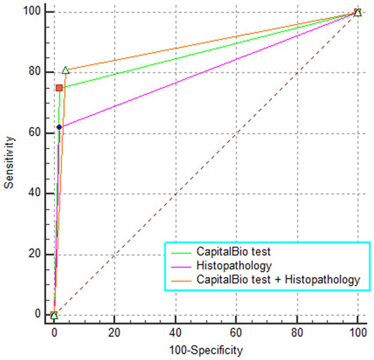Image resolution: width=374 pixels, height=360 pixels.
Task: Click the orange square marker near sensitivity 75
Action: tap(59, 88)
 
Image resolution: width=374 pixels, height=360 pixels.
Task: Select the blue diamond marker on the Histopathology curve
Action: tap(59, 127)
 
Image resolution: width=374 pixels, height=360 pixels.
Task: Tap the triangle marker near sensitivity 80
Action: tap(65, 70)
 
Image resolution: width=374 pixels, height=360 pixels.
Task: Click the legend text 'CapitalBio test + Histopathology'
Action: tap(278, 279)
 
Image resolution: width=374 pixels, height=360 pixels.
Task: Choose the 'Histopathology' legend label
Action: tap(234, 266)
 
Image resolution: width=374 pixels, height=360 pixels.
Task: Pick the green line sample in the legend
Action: tap(181, 252)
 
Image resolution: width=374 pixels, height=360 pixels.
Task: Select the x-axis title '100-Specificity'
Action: tap(206, 350)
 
